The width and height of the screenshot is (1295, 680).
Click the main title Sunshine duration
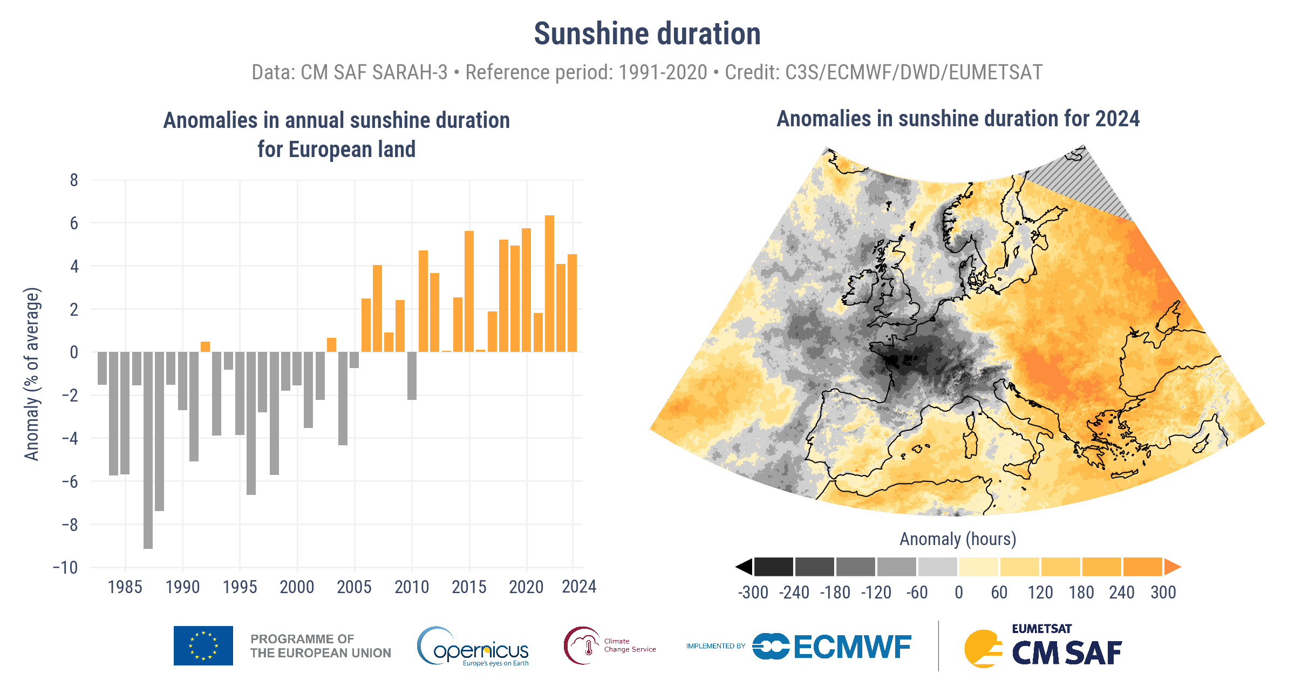coord(647,34)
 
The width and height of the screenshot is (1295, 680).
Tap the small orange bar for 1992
coord(205,346)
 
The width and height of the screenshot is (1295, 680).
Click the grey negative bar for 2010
coord(412,376)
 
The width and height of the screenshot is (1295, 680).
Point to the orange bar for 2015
coord(469,291)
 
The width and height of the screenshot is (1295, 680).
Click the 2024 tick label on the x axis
coord(578,587)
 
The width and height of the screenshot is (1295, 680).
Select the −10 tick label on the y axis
coord(65,568)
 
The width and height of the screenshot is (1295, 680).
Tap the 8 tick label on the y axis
coord(74,180)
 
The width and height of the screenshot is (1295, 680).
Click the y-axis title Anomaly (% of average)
coord(32,374)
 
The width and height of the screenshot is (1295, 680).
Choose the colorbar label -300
coord(753,593)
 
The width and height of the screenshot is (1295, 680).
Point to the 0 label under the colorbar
coord(958,593)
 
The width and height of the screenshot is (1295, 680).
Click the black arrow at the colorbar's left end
coord(744,567)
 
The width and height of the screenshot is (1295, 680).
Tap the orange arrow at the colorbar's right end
coord(1172,567)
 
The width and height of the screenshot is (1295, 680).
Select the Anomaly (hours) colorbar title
coord(958,539)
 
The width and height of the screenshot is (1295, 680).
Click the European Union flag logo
coord(203,645)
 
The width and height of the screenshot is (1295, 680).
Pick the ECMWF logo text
coord(852,647)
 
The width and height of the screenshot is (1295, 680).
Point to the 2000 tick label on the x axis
coord(297,587)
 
